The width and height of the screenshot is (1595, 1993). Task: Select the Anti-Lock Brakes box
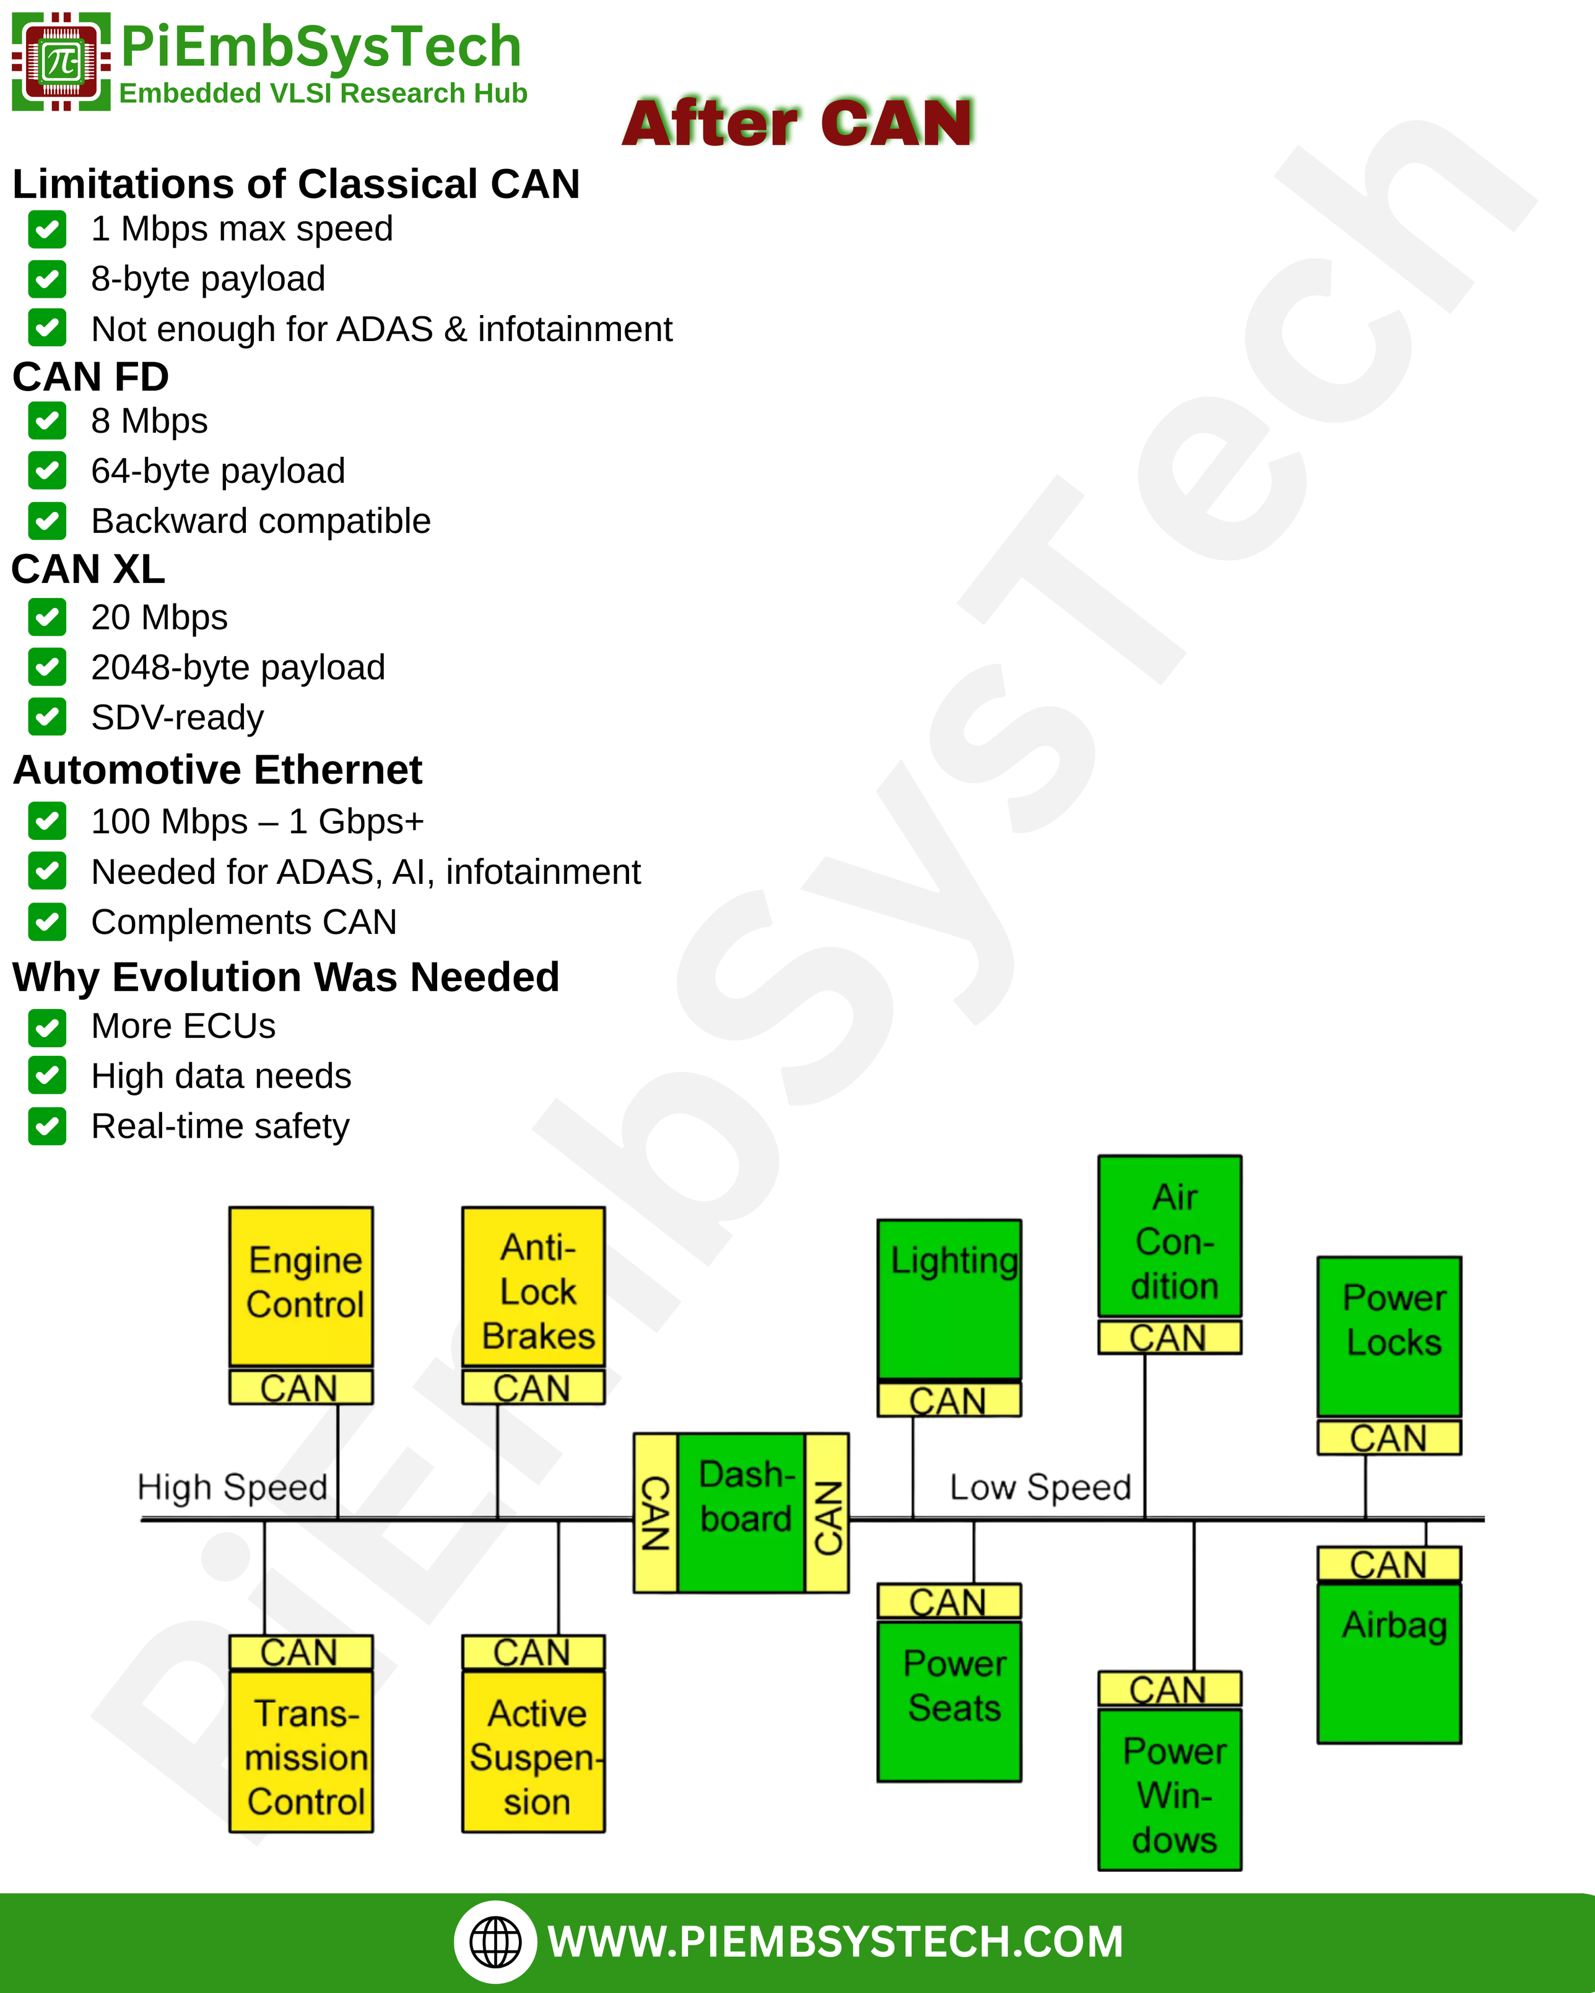coord(534,1285)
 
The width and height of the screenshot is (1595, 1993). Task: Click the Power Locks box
coord(1389,1336)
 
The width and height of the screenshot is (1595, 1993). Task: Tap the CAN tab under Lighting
coord(949,1399)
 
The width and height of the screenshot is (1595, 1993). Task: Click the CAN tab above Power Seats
coord(949,1601)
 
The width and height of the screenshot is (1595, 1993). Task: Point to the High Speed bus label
coord(232,1487)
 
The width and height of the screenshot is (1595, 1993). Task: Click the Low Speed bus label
coord(1040,1487)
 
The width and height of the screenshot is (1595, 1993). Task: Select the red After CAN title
coord(797,123)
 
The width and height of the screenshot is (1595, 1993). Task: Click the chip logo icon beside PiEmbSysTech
coord(61,62)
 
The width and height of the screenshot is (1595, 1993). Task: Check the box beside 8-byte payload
coord(47,279)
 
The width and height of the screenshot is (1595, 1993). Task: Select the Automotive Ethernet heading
coord(218,770)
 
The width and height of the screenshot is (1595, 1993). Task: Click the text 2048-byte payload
coord(238,667)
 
